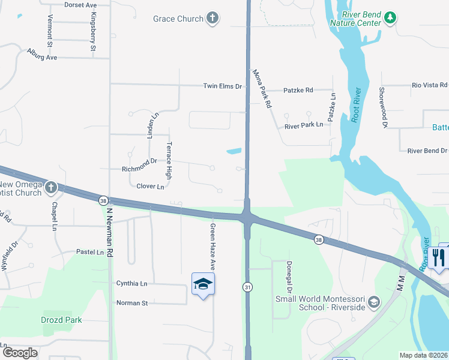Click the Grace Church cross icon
(212, 19)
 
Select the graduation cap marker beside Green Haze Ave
(203, 284)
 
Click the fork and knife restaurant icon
(439, 258)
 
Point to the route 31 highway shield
(247, 287)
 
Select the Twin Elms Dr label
(222, 86)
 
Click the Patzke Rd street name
(298, 91)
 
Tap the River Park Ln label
(304, 125)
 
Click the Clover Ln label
(150, 187)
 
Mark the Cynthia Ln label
(131, 283)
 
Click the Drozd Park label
(61, 320)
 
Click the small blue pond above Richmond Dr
(234, 151)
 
